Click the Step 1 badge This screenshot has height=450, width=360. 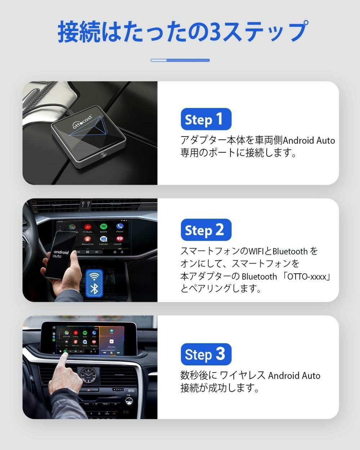tap(206, 119)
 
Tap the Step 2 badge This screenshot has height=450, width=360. tap(206, 230)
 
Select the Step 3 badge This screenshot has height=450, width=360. tap(206, 354)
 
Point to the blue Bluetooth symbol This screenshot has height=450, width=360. tap(94, 288)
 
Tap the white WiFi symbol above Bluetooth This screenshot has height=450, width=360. tap(94, 276)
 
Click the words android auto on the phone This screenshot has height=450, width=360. tap(61, 254)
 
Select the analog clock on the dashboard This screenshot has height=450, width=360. tap(87, 376)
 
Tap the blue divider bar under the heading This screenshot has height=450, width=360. tap(180, 60)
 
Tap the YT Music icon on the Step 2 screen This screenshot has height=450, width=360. tap(87, 227)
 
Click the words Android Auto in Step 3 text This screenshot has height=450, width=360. tap(294, 375)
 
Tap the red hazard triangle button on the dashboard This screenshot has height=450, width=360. tap(87, 390)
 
